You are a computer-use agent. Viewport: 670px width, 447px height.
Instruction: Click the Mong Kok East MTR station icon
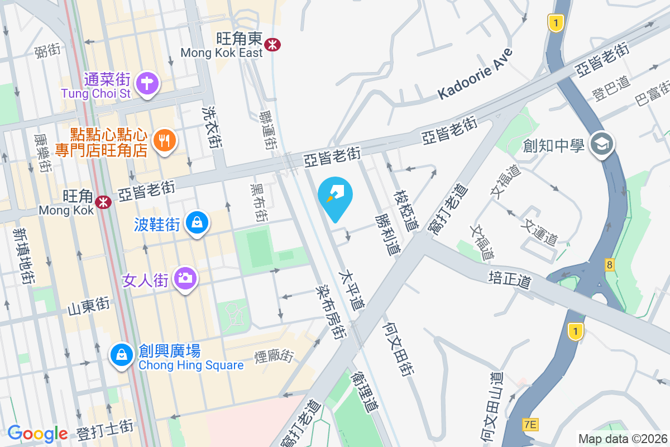pyautogui.click(x=272, y=44)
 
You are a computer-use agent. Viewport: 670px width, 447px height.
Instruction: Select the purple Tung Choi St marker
pyautogui.click(x=147, y=84)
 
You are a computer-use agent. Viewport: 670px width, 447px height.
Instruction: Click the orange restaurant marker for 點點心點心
pyautogui.click(x=164, y=140)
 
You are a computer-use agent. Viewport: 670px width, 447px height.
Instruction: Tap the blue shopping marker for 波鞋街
pyautogui.click(x=197, y=223)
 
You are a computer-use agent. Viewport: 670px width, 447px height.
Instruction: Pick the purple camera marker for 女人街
pyautogui.click(x=185, y=278)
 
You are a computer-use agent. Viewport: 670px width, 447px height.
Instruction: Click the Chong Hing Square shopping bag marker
pyautogui.click(x=121, y=354)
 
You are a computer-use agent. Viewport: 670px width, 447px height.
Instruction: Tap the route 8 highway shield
pyautogui.click(x=610, y=265)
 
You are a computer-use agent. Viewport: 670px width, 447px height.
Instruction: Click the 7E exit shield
pyautogui.click(x=530, y=425)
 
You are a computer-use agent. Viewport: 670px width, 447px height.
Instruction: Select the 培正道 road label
pyautogui.click(x=509, y=279)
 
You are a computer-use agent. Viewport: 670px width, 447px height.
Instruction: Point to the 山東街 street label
pyautogui.click(x=88, y=306)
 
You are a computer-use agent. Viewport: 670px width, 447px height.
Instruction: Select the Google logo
pyautogui.click(x=37, y=434)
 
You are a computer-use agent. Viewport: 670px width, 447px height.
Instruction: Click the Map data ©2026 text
pyautogui.click(x=622, y=439)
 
